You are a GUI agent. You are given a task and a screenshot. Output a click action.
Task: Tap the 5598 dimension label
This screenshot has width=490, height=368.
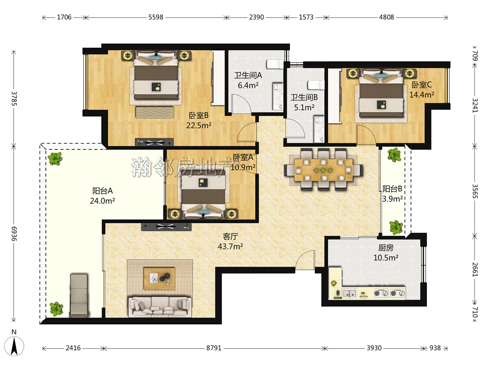point(156,17)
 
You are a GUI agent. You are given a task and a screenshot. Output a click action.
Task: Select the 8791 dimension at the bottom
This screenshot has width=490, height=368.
point(214,348)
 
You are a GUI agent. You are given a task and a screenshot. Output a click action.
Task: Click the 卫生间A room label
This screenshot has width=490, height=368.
point(248,75)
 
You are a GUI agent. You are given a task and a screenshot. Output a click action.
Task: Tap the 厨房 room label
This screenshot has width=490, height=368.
point(386,248)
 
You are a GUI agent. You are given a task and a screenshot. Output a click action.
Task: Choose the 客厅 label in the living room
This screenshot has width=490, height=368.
point(230,237)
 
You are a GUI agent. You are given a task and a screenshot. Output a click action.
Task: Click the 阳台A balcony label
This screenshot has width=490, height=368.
point(103,190)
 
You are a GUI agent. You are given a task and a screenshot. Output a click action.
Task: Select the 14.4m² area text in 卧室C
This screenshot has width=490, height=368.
point(422,94)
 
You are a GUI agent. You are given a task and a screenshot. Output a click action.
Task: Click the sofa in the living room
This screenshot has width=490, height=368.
point(160,306)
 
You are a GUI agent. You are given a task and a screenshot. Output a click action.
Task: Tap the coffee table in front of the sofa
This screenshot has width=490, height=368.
point(159,278)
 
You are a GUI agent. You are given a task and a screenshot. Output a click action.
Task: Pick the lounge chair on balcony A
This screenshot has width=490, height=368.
point(79,295)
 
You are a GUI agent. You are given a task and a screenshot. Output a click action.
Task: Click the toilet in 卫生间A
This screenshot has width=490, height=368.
point(275,64)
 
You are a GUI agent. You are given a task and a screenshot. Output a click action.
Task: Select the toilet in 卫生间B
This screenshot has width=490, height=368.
point(316,85)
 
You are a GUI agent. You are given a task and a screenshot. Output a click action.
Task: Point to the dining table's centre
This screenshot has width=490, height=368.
point(323,170)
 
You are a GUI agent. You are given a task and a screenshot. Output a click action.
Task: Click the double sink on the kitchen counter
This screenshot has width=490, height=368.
point(350,293)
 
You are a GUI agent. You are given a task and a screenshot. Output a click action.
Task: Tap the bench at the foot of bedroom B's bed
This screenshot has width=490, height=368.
point(155,112)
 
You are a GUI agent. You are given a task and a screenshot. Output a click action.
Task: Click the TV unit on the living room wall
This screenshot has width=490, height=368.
point(166,227)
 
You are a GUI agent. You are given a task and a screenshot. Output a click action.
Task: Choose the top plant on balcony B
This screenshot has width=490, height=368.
point(394,154)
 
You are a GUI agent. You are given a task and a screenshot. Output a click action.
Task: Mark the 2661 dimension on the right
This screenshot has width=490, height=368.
point(475,269)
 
